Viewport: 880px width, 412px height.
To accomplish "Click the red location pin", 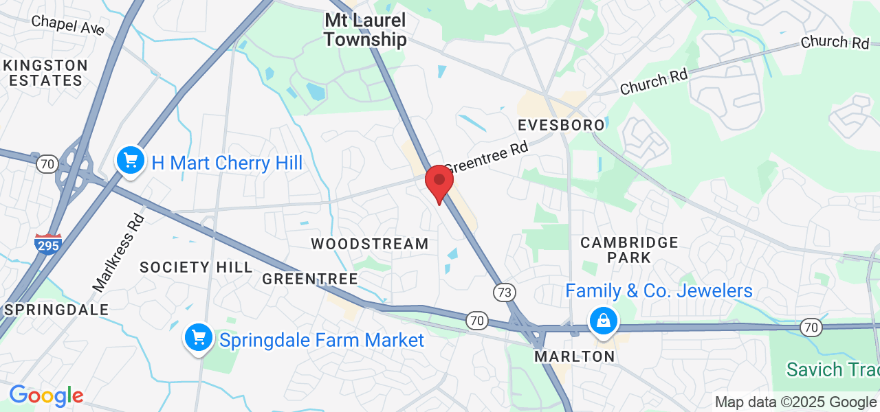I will pyautogui.click(x=439, y=181).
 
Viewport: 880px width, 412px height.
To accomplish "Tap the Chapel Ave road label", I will pyautogui.click(x=67, y=26).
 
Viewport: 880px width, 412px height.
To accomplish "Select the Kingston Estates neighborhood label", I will pyautogui.click(x=45, y=73).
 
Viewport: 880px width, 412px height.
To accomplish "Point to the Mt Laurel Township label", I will pyautogui.click(x=365, y=30).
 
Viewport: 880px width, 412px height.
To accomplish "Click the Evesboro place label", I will pyautogui.click(x=561, y=125).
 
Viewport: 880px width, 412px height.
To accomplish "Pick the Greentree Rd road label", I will pyautogui.click(x=485, y=157).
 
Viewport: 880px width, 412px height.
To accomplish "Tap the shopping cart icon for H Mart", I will pyautogui.click(x=130, y=161).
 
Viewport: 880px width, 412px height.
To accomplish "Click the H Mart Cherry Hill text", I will pyautogui.click(x=227, y=163).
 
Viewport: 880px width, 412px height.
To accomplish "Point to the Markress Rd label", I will pyautogui.click(x=119, y=251).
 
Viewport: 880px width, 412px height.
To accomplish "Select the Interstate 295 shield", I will pyautogui.click(x=48, y=243).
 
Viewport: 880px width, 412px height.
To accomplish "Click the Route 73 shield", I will pyautogui.click(x=504, y=293).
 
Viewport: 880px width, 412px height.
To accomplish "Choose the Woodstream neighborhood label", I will pyautogui.click(x=370, y=244).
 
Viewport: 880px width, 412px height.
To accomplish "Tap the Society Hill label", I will pyautogui.click(x=196, y=267).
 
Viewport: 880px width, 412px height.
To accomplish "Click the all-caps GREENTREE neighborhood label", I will pyautogui.click(x=310, y=279).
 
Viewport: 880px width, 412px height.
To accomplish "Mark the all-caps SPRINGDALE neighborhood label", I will pyautogui.click(x=56, y=310).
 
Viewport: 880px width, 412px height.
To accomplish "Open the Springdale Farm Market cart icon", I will pyautogui.click(x=199, y=338).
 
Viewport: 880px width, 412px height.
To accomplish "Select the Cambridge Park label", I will pyautogui.click(x=629, y=250).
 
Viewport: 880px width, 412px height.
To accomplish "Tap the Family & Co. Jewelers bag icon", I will pyautogui.click(x=603, y=321).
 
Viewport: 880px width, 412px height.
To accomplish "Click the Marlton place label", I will pyautogui.click(x=575, y=357).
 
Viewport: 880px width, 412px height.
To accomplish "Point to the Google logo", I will pyautogui.click(x=45, y=396).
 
